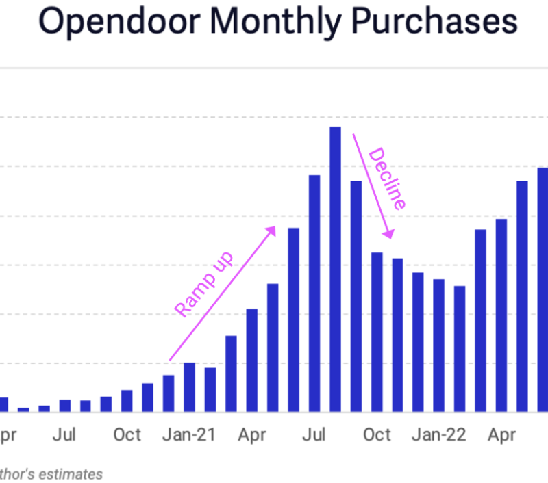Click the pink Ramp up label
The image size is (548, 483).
[204, 284]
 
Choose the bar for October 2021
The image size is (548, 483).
[377, 332]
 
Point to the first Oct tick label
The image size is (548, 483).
[127, 435]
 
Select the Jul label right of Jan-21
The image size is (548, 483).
[314, 435]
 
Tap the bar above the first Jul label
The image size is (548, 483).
[65, 406]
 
